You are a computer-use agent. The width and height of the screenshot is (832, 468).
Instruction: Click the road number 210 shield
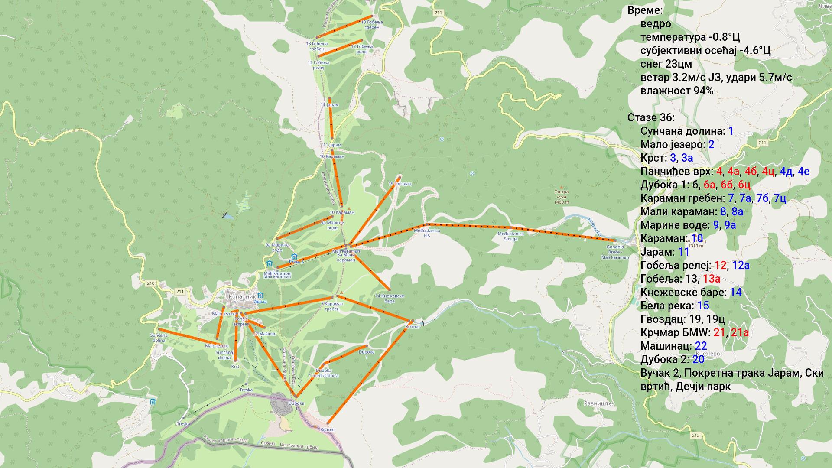[150, 283]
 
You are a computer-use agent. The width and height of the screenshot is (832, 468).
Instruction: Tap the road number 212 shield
[695, 435]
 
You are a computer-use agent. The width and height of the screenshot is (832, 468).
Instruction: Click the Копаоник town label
[242, 297]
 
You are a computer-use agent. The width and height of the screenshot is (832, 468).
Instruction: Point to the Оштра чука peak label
[561, 195]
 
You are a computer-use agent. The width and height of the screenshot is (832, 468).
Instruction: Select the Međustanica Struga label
[510, 236]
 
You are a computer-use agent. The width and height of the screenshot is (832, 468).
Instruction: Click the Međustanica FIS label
[427, 233]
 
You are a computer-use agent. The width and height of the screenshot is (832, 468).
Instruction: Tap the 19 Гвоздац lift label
[400, 184]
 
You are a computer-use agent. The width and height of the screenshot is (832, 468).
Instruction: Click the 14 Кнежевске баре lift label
[389, 298]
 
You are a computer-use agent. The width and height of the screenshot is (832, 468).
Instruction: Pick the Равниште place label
[598, 403]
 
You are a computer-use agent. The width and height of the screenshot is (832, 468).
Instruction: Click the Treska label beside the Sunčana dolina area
[246, 390]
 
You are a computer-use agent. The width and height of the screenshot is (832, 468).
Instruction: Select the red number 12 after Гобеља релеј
[720, 265]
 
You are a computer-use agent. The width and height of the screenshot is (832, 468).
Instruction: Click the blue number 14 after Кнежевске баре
[735, 292]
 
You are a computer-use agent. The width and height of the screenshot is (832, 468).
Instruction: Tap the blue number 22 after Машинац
[701, 346]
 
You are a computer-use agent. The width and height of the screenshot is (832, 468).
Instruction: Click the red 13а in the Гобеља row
[711, 279]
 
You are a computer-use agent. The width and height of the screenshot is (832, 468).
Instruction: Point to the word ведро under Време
[656, 24]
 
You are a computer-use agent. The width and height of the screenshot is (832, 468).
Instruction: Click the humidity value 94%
[703, 91]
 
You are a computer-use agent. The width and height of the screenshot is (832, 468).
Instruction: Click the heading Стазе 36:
[650, 118]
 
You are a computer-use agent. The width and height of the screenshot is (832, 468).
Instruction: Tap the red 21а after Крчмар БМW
[740, 332]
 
